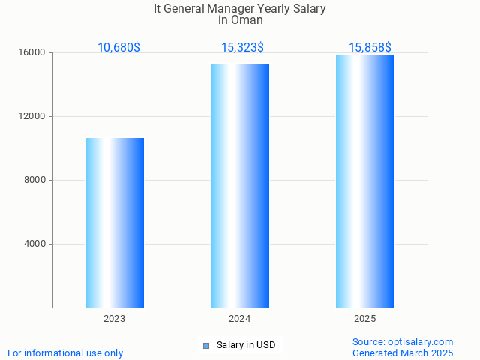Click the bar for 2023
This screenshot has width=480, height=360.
tap(115, 223)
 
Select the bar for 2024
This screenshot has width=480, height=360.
tap(240, 185)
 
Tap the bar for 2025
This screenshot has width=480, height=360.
tap(364, 181)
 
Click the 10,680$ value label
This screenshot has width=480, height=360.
tap(118, 48)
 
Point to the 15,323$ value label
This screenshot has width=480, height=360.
tap(242, 48)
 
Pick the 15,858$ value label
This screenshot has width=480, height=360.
tap(370, 48)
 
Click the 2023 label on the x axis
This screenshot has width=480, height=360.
tap(115, 319)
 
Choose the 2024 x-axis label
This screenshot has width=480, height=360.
tap(240, 319)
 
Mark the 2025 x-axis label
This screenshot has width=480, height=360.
tap(364, 319)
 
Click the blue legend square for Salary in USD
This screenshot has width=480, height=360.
tap(205, 346)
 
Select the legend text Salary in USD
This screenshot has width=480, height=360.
tap(246, 346)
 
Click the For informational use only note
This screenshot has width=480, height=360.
tap(65, 352)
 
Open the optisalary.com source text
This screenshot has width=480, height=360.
tap(403, 342)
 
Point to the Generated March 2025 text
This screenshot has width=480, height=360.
tap(403, 352)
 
